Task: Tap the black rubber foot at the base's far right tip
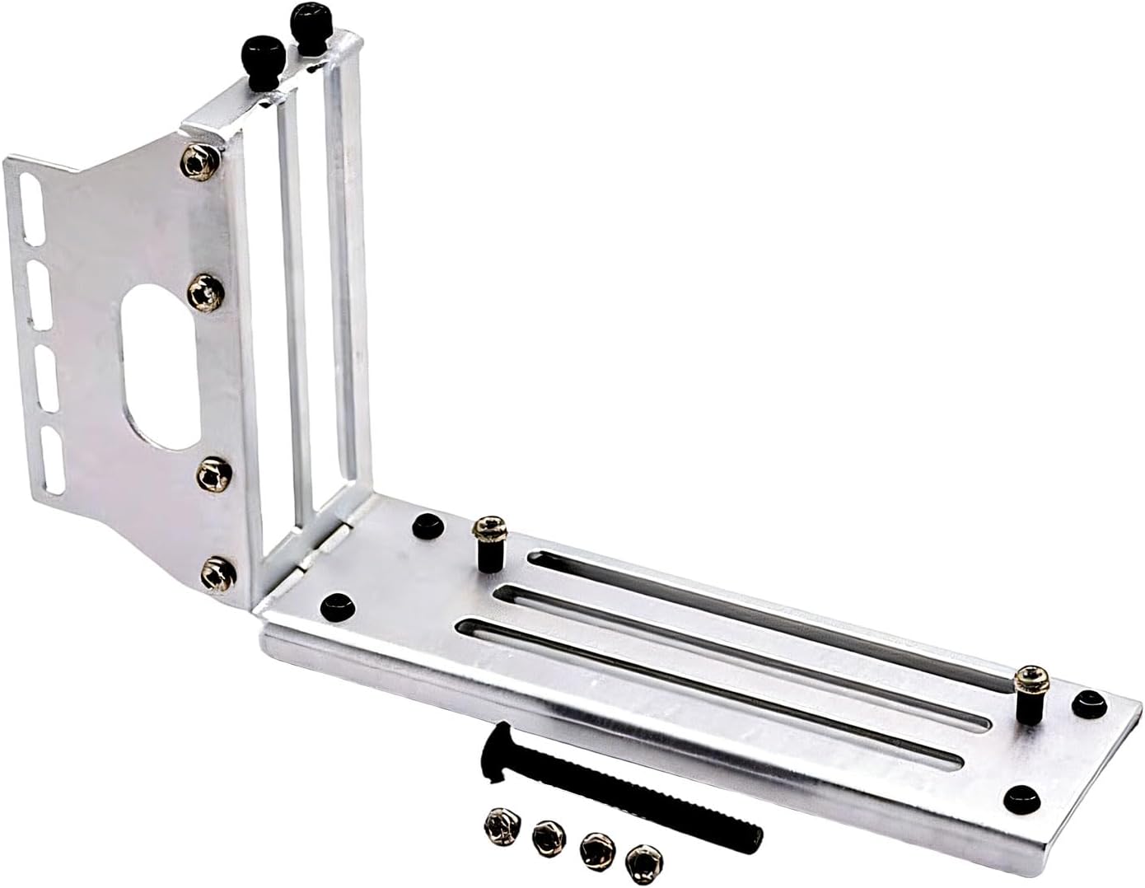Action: click(x=1091, y=702)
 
